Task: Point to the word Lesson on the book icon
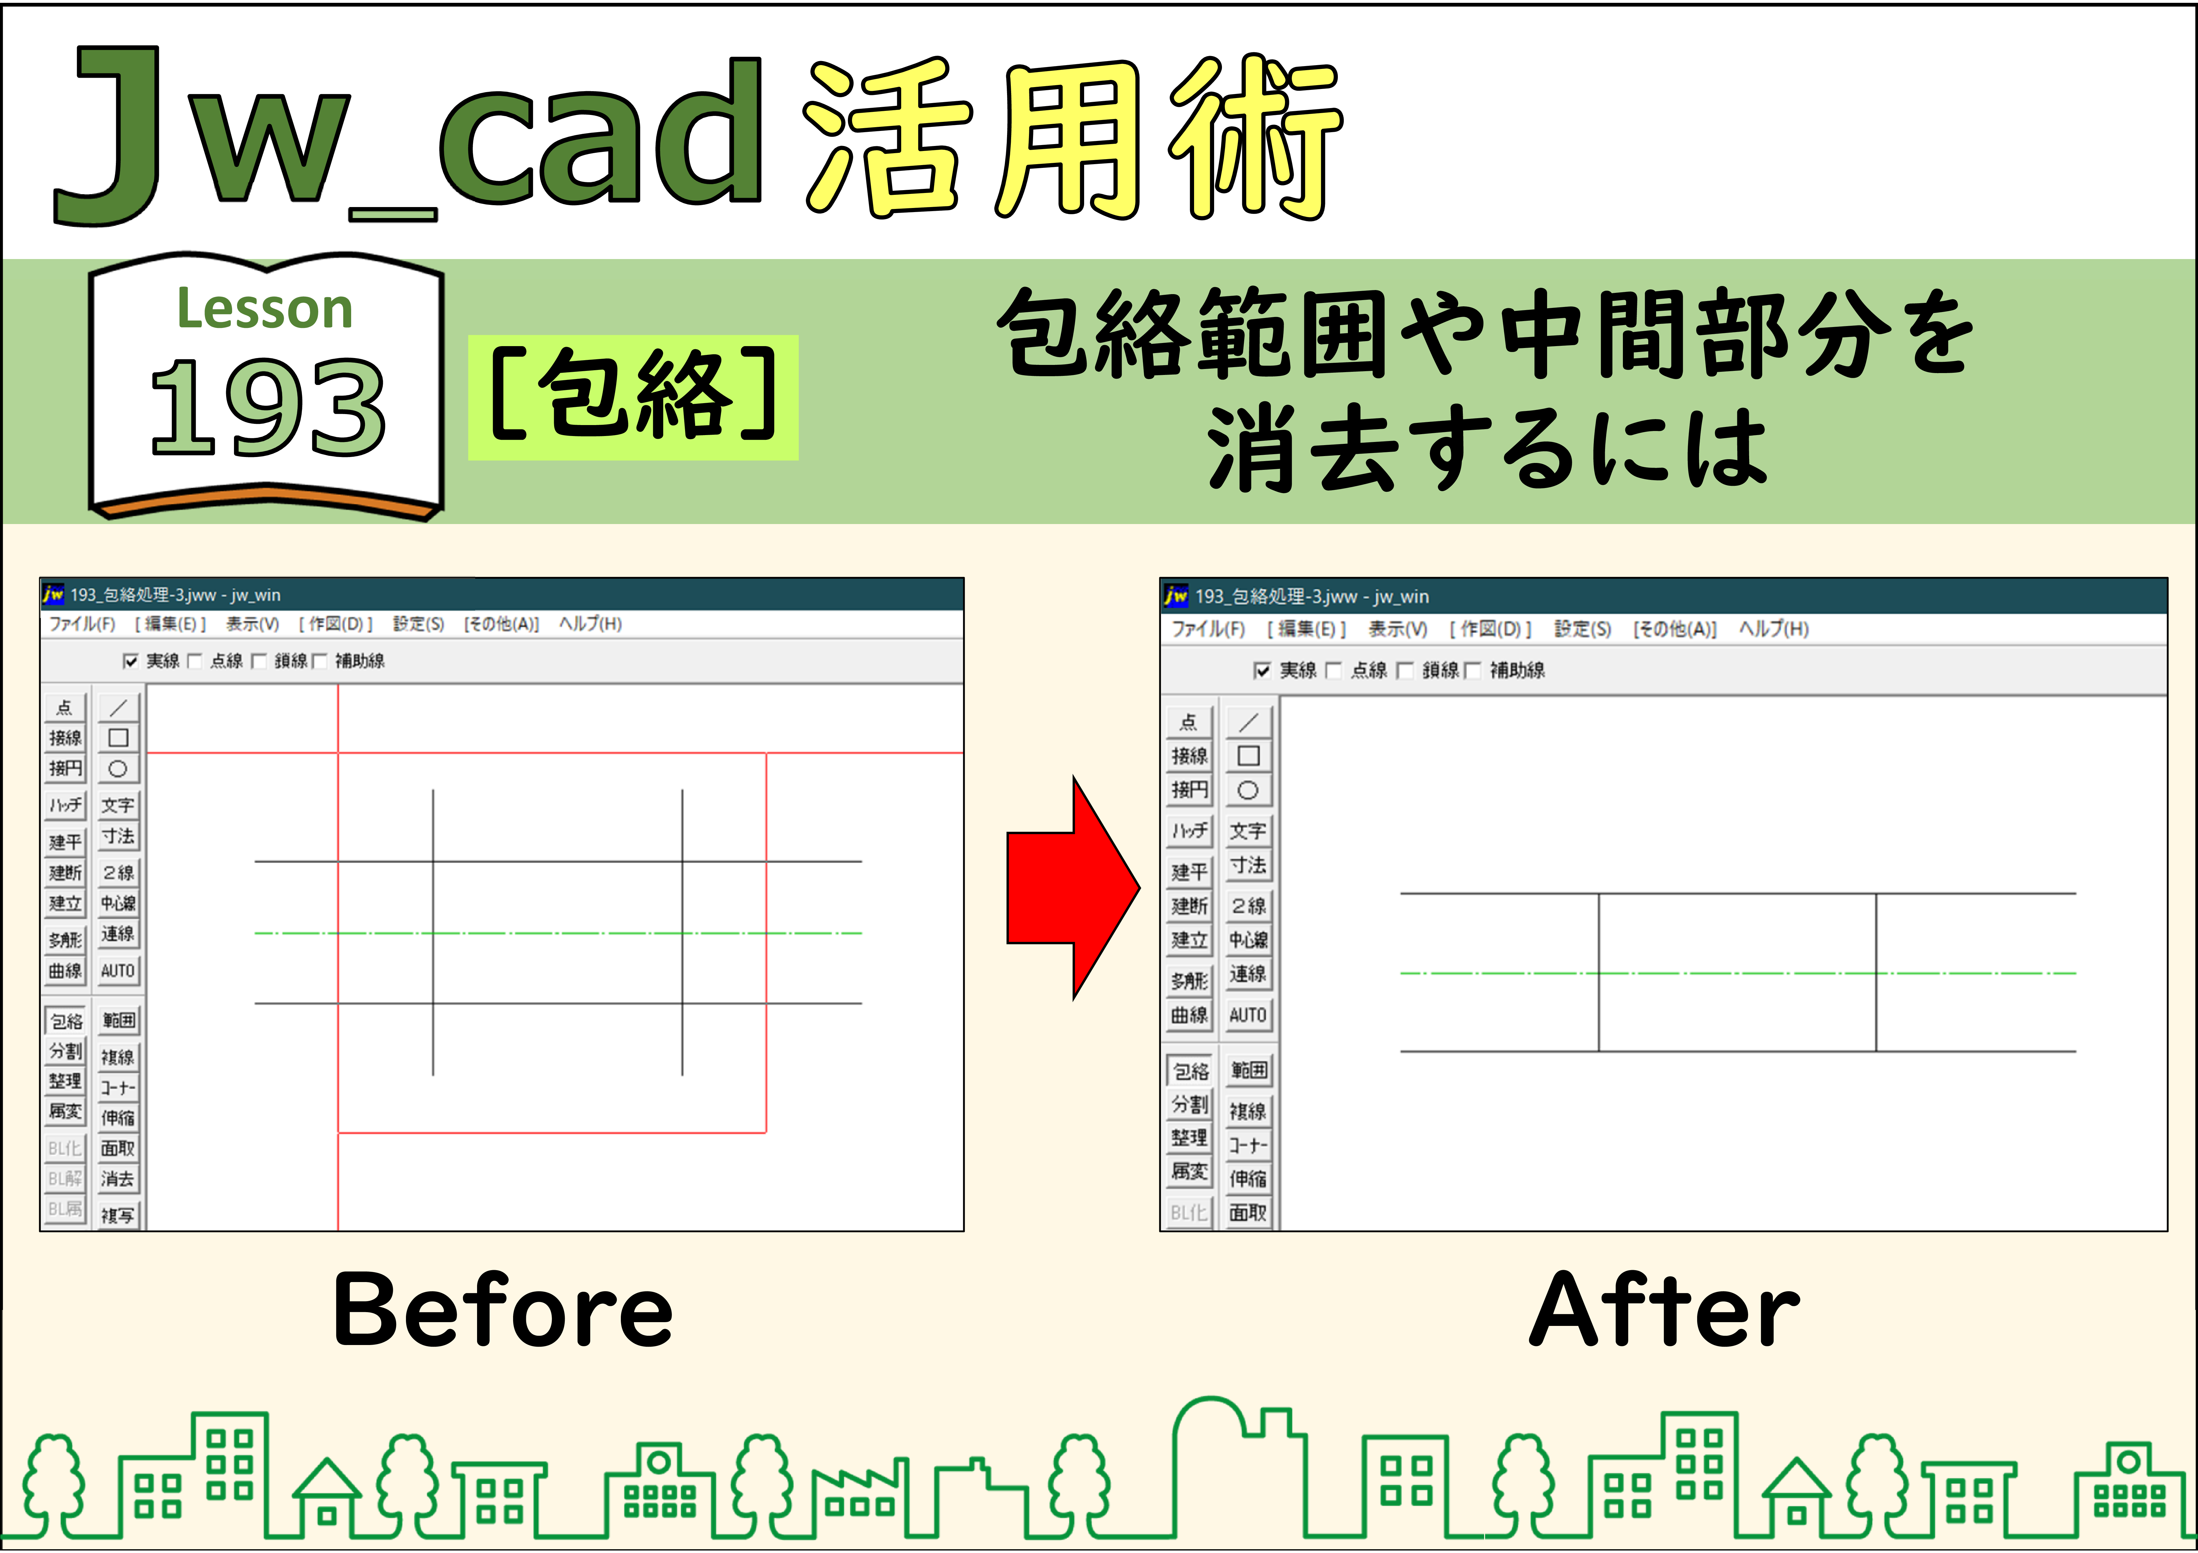click(x=265, y=309)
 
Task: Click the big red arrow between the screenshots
click(x=1073, y=888)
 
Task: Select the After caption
click(x=1664, y=1310)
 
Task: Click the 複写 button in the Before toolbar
click(x=118, y=1215)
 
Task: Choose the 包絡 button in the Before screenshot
click(x=66, y=1021)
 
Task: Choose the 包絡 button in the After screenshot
click(x=1190, y=1070)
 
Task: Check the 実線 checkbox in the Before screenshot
click(x=130, y=661)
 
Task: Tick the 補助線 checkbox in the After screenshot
click(x=1472, y=670)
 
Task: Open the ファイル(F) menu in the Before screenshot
click(x=82, y=624)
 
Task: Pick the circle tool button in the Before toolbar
click(x=118, y=768)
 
